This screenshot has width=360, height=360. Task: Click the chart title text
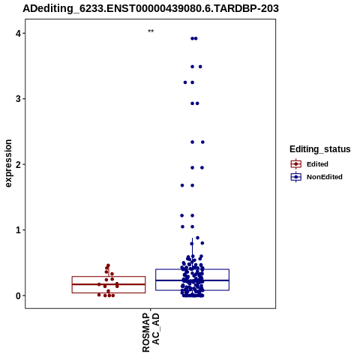tap(151, 8)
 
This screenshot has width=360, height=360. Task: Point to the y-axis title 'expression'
tap(8, 163)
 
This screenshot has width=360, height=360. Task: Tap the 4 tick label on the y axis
tap(18, 33)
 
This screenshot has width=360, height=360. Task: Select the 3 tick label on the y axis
tap(18, 99)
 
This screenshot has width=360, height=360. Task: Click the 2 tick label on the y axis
tap(18, 164)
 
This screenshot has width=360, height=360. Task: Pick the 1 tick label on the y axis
tap(18, 230)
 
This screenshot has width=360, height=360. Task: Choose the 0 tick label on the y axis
tap(18, 295)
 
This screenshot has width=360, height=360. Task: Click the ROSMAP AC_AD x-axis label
tap(151, 332)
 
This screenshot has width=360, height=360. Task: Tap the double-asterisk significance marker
tap(151, 31)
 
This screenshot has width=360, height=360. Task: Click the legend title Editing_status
tap(320, 149)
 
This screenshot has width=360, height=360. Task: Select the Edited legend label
tap(317, 164)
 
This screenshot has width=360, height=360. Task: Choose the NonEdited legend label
tap(325, 177)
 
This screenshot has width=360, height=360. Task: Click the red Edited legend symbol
tap(296, 164)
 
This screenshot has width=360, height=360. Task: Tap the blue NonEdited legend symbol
tap(296, 177)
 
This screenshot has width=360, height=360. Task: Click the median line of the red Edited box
tap(109, 284)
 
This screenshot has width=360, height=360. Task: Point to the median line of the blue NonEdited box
tap(192, 280)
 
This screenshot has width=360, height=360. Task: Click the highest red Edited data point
tap(108, 265)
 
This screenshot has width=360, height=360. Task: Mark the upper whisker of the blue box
tap(192, 253)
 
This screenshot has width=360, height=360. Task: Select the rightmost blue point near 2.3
tap(202, 142)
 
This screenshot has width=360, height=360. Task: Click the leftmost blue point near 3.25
tap(185, 82)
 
